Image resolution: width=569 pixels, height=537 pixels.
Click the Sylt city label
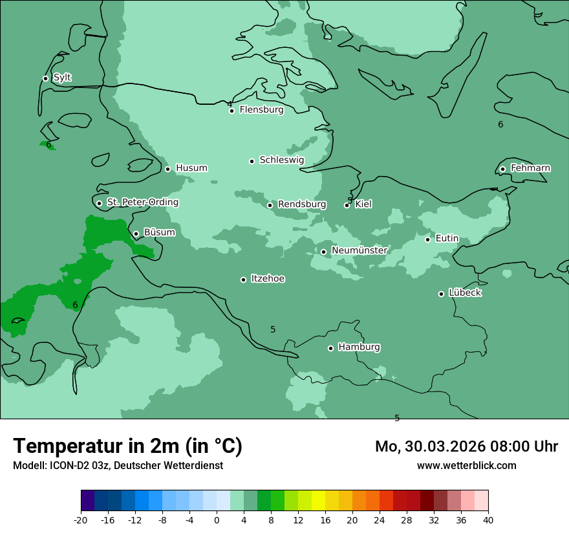click(62, 78)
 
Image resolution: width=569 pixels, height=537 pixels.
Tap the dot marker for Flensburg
click(231, 111)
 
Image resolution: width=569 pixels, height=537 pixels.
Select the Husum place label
click(191, 168)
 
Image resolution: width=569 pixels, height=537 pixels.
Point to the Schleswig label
click(281, 160)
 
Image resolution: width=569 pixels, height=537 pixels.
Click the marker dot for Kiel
click(347, 205)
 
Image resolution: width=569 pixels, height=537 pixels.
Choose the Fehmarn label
click(530, 168)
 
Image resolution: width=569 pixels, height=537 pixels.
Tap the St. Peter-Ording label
click(142, 203)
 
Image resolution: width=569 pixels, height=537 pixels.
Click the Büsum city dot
click(136, 234)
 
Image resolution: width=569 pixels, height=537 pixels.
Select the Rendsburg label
click(302, 204)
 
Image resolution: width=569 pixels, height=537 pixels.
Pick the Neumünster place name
click(360, 250)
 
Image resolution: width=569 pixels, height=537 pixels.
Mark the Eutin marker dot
click(427, 239)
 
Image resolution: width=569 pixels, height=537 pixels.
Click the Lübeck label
click(465, 292)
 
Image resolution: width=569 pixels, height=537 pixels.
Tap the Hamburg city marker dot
click(330, 348)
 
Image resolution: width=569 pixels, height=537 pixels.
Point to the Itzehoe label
click(268, 279)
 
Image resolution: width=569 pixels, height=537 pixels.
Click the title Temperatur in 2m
click(127, 446)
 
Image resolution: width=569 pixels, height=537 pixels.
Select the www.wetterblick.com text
click(466, 465)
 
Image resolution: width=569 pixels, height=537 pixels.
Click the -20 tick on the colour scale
click(81, 520)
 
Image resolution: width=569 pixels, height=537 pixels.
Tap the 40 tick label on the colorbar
click(488, 520)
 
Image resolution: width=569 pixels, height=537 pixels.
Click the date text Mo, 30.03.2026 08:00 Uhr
click(466, 446)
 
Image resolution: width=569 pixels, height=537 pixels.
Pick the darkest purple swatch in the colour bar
click(87, 501)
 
